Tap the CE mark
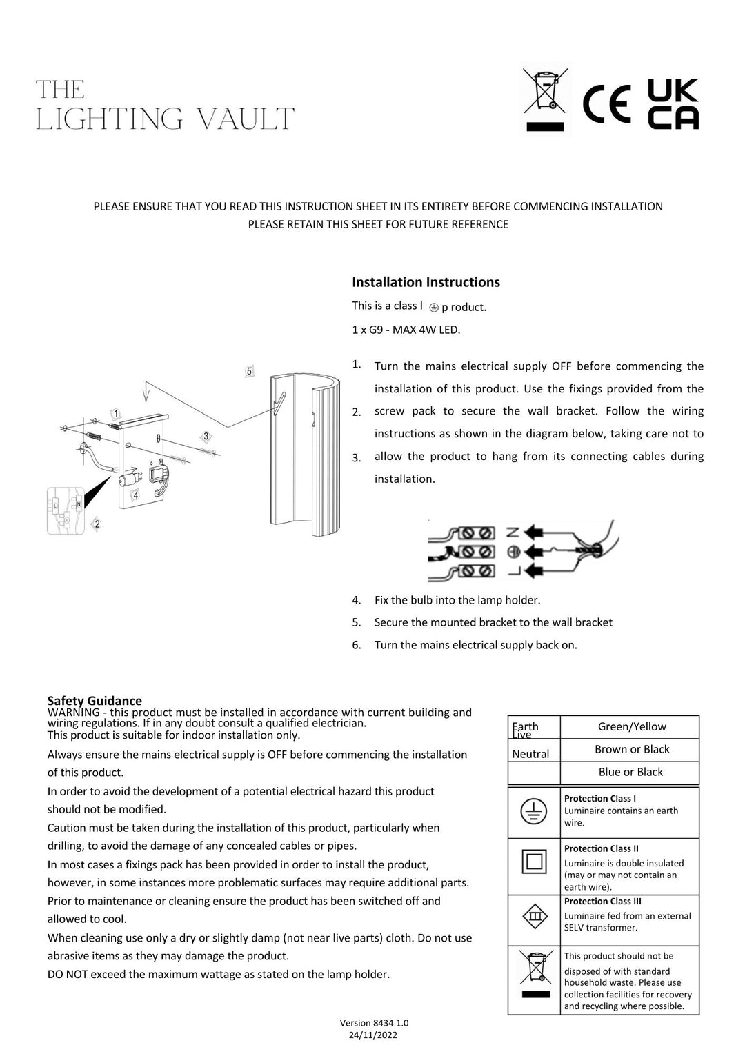[x=606, y=104]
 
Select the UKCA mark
[x=673, y=104]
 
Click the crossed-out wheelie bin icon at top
[x=545, y=99]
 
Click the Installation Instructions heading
[x=426, y=282]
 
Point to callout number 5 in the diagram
[x=249, y=371]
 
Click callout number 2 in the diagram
[x=97, y=524]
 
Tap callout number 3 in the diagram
[x=206, y=436]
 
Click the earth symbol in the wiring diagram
[x=513, y=552]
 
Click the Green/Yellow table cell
[x=631, y=726]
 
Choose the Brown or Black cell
[x=631, y=749]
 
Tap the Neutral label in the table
[x=530, y=754]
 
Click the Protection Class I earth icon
[x=533, y=811]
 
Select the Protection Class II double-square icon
[x=534, y=862]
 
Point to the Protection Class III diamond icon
[x=534, y=916]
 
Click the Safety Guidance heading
[x=95, y=700]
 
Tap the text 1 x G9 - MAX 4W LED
[x=406, y=330]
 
